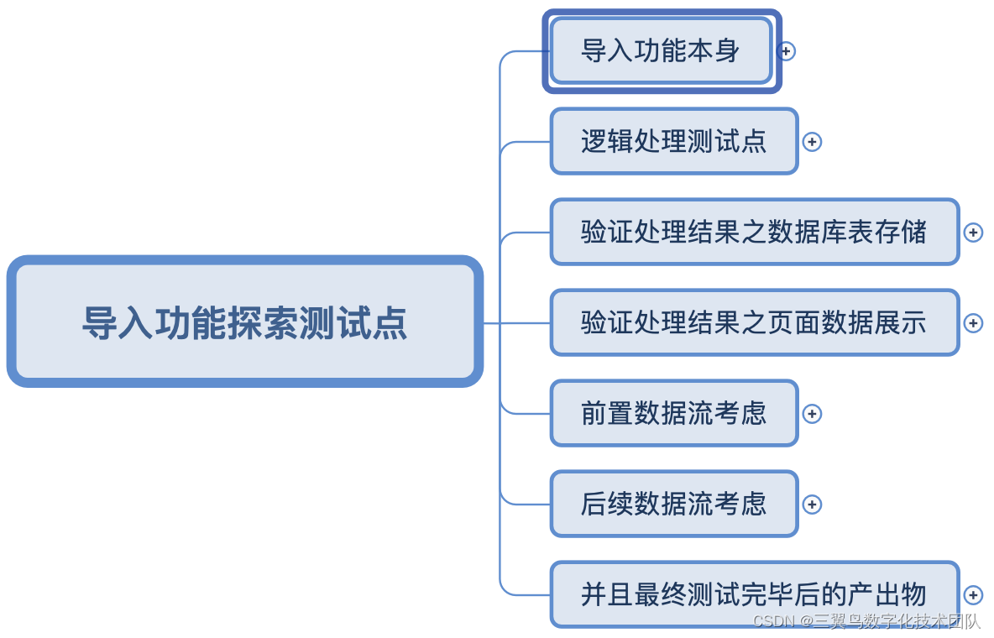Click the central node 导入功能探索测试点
point(244,322)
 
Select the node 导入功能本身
point(661,51)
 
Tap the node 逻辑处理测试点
point(673,141)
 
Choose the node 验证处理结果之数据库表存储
point(754,232)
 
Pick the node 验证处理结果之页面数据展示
point(754,322)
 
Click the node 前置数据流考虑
point(673,413)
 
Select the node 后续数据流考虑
point(673,504)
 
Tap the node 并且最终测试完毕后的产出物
point(754,594)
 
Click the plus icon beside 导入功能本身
point(786,51)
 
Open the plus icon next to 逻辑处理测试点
point(812,142)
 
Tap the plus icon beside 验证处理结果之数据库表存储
point(973,233)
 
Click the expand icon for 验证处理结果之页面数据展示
point(973,323)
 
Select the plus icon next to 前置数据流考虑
point(812,414)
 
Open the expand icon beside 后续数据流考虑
point(812,505)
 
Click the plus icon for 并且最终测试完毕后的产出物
point(973,595)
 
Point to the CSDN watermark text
point(866,621)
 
